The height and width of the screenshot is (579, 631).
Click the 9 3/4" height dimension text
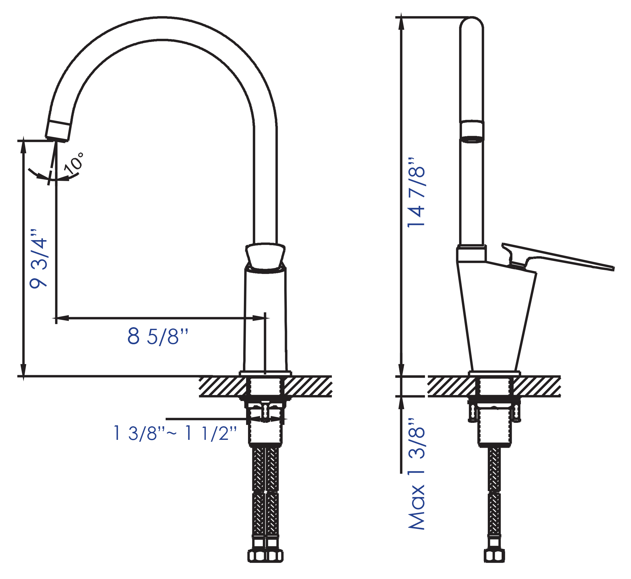pyautogui.click(x=38, y=259)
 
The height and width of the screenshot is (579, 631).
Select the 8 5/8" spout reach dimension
pyautogui.click(x=157, y=336)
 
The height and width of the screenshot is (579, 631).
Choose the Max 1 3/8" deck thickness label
pyautogui.click(x=416, y=473)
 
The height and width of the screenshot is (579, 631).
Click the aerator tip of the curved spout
pyautogui.click(x=58, y=130)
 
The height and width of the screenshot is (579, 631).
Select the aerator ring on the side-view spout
pyautogui.click(x=471, y=131)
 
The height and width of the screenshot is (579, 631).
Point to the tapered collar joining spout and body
pyautogui.click(x=265, y=256)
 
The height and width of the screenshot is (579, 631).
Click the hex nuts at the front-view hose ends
pyautogui.click(x=265, y=556)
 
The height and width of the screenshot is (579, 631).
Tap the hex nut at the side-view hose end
pyautogui.click(x=494, y=556)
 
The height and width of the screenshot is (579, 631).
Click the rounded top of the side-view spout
pyautogui.click(x=471, y=24)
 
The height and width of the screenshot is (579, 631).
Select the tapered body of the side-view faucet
pyautogui.click(x=495, y=316)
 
